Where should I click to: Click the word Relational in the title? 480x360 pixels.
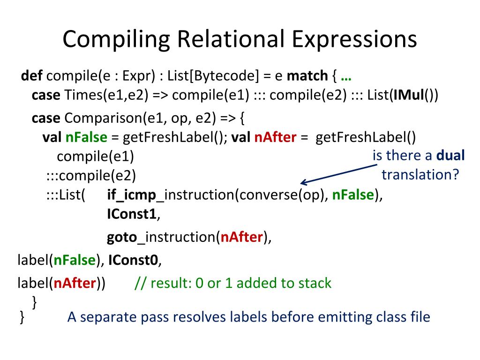tap(233, 39)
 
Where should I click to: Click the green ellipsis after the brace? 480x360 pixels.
tap(347, 76)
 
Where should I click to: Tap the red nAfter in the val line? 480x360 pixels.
tap(275, 137)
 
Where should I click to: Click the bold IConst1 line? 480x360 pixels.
tap(132, 214)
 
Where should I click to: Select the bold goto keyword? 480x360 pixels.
tap(121, 237)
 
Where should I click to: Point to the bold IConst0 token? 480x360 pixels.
tap(135, 260)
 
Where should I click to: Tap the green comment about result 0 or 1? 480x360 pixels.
tap(232, 283)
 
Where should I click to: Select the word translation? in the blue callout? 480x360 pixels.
tap(420, 174)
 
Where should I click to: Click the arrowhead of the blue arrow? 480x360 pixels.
tap(304, 183)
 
